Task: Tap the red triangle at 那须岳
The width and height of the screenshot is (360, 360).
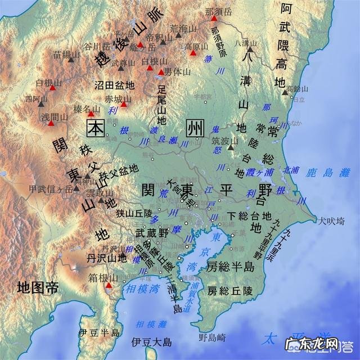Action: (214, 19)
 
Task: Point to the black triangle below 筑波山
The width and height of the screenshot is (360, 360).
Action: (231, 148)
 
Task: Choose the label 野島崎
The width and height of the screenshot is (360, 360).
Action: (212, 337)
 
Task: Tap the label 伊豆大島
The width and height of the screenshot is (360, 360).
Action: (151, 341)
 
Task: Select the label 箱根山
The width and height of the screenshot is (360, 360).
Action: (105, 277)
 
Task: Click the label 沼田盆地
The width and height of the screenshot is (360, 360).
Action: (114, 85)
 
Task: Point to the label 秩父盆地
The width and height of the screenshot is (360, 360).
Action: (119, 169)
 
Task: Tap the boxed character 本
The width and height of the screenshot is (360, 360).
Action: (95, 129)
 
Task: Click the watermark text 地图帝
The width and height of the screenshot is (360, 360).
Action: (38, 289)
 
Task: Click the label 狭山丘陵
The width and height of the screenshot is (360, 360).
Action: (134, 213)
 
